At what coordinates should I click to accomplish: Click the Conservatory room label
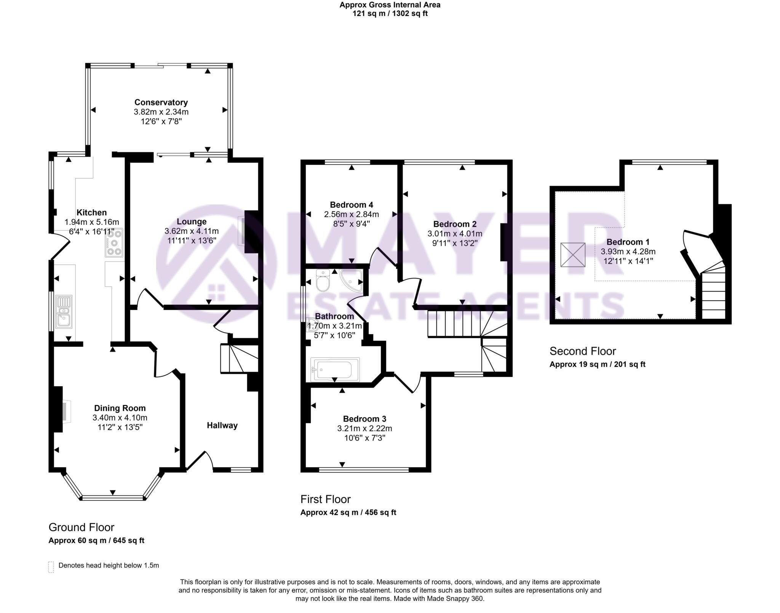click(161, 102)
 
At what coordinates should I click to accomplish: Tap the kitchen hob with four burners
click(114, 242)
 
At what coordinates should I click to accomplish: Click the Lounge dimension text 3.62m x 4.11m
click(192, 231)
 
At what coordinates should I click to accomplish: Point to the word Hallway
click(222, 425)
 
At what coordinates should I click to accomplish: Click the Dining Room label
click(120, 408)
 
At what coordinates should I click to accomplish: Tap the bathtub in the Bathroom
click(335, 369)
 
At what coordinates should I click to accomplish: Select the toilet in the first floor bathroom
click(323, 280)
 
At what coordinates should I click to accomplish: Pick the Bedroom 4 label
click(351, 205)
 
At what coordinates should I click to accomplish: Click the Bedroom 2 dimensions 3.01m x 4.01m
click(455, 234)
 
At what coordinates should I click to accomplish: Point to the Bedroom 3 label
click(364, 419)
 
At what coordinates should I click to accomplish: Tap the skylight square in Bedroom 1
click(572, 255)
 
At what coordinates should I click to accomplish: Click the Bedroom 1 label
click(628, 242)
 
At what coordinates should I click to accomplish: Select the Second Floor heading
click(582, 351)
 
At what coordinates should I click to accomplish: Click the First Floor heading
click(325, 499)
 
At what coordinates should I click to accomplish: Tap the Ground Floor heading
click(81, 527)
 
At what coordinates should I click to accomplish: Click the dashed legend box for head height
click(51, 567)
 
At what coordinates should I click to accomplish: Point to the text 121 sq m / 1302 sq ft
click(390, 14)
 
